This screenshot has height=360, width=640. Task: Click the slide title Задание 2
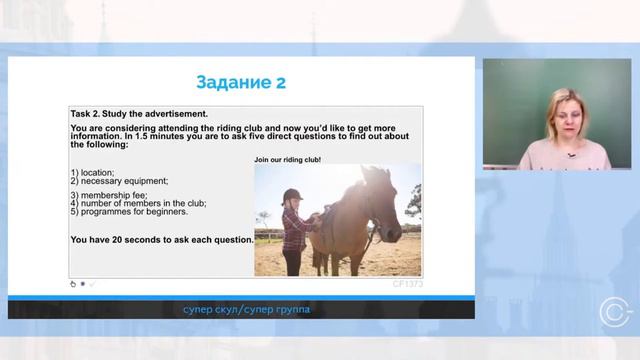click(240, 82)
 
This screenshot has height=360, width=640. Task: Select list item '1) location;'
click(93, 172)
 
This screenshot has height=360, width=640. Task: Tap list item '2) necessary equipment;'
click(119, 181)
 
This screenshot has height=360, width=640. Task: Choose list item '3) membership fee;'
click(110, 196)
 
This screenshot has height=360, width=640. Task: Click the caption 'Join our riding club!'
click(287, 159)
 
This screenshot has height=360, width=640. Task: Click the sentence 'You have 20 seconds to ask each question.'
click(162, 240)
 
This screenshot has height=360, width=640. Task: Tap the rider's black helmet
click(292, 195)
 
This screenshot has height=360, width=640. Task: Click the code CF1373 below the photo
click(407, 283)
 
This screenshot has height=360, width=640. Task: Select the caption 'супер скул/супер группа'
click(246, 310)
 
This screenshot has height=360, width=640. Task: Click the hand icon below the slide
click(73, 284)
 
